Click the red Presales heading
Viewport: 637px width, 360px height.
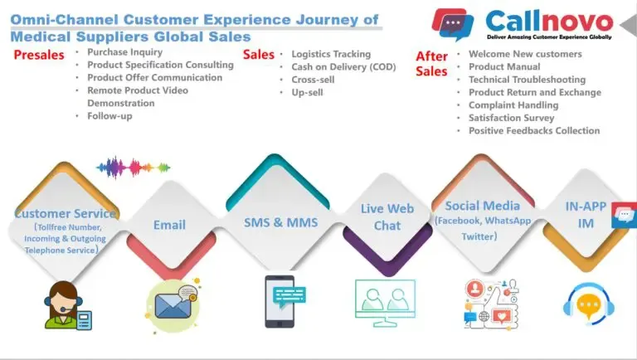tap(39, 55)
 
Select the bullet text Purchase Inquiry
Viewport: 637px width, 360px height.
tap(124, 52)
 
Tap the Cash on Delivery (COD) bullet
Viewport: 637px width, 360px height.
tap(343, 67)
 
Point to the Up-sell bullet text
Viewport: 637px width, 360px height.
tap(307, 93)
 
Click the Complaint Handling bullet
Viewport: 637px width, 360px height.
tap(513, 105)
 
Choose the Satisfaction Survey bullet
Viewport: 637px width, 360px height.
tap(512, 118)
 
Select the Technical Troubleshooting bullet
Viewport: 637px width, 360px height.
tap(528, 80)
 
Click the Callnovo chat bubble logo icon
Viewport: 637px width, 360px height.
tap(453, 24)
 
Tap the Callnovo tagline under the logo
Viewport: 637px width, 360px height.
tap(549, 37)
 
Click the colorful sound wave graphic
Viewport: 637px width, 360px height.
tap(134, 167)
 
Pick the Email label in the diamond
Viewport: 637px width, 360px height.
tap(169, 225)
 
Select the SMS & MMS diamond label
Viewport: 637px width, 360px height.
tap(280, 222)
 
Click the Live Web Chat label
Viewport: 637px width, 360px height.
tap(387, 217)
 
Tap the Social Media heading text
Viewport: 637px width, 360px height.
tap(482, 206)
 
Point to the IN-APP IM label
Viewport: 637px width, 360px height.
tap(586, 215)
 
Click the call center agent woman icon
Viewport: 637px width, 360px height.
tap(68, 304)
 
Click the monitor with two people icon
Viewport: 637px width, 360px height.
tap(385, 303)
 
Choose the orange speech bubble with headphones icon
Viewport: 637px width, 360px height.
tap(589, 304)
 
